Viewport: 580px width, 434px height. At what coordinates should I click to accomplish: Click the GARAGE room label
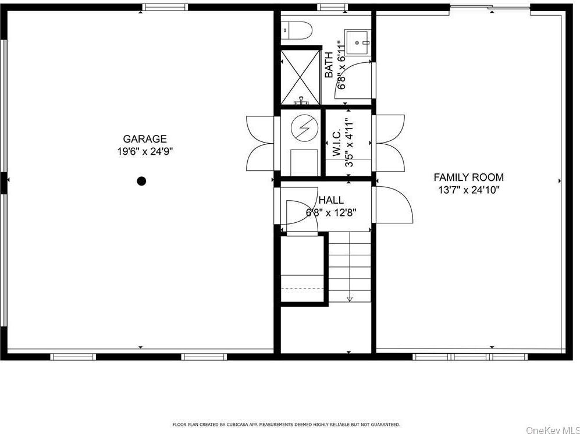(145, 139)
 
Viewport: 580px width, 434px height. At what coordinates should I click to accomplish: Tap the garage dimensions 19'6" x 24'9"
(145, 151)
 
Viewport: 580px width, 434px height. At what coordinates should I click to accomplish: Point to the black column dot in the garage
(141, 181)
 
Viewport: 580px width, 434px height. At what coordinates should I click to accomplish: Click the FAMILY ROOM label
(469, 177)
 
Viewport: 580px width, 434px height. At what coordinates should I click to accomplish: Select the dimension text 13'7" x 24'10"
(469, 190)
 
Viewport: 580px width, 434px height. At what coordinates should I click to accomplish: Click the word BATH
(329, 65)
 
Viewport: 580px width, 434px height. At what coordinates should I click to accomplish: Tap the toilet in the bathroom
(297, 29)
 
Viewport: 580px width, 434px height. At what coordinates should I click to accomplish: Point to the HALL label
(331, 200)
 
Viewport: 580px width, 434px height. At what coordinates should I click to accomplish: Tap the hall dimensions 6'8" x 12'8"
(331, 212)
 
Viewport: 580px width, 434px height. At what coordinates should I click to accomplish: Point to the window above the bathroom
(333, 7)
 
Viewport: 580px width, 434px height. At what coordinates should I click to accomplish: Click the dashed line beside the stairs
(303, 288)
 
